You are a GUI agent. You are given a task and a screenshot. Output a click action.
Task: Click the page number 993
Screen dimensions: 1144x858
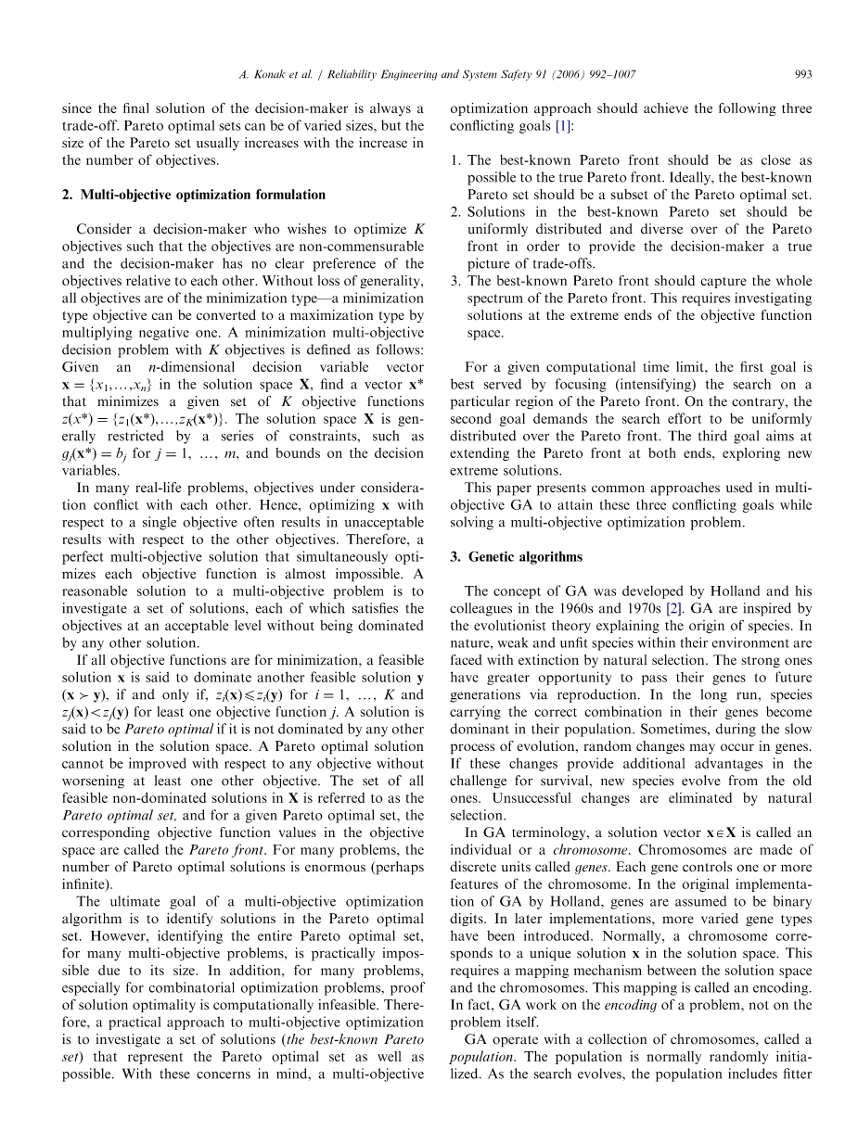pos(803,73)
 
